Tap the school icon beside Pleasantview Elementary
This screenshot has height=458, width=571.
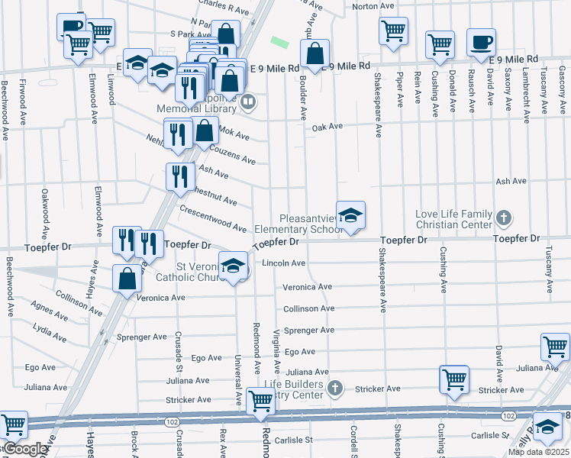tap(350, 216)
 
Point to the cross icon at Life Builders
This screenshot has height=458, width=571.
tap(334, 389)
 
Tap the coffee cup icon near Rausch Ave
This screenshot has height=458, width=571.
tap(481, 43)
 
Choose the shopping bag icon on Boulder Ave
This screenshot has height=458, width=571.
tap(315, 54)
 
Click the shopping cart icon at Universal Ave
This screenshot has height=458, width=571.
tap(260, 400)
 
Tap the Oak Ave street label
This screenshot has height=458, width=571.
tap(327, 127)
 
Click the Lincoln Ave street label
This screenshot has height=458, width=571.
tap(283, 263)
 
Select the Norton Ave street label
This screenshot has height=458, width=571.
tap(372, 6)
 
